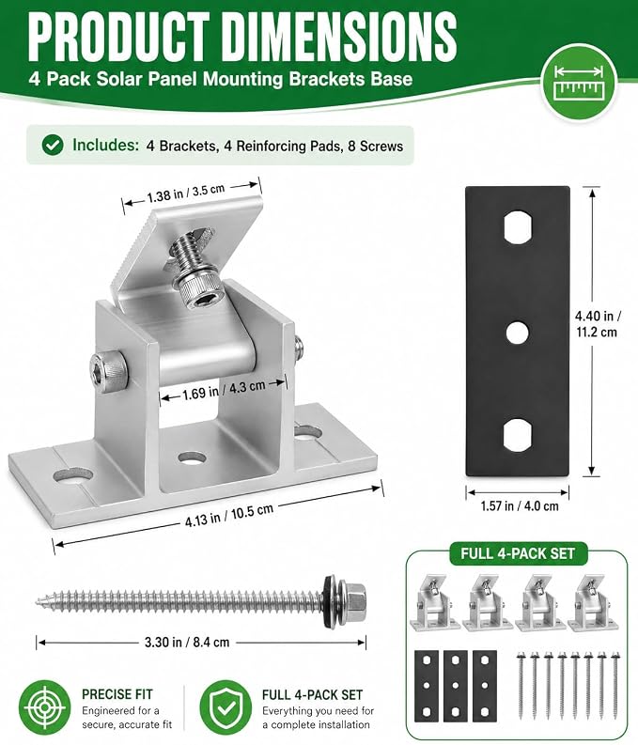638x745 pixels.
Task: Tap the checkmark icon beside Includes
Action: point(53,145)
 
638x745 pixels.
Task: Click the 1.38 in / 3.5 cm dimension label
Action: point(186,192)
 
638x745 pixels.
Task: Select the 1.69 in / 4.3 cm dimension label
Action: point(224,389)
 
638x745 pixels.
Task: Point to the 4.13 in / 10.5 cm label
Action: point(229,514)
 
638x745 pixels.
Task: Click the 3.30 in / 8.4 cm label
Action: point(187,642)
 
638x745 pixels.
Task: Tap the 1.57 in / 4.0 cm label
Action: point(520,506)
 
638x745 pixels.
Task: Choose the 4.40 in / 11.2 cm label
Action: point(598,323)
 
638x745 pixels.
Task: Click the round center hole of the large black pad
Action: point(518,334)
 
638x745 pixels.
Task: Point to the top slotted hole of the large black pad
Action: point(518,228)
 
